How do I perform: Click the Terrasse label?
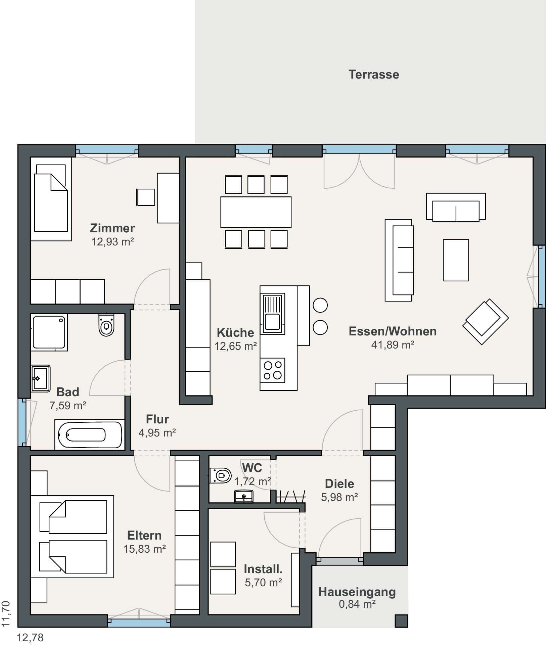(374, 74)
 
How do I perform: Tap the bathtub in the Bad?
(90, 435)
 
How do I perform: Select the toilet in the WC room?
(221, 475)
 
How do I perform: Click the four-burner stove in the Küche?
(272, 370)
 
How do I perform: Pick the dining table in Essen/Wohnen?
(256, 212)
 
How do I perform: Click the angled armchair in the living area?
(486, 321)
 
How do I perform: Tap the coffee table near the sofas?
(456, 260)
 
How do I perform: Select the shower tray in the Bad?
(49, 332)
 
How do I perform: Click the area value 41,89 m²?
(393, 345)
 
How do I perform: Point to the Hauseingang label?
(357, 592)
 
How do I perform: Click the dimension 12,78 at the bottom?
(30, 638)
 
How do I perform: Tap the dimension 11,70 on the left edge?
(6, 613)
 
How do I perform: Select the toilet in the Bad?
(106, 325)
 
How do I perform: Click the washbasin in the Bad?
(41, 378)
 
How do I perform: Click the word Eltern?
(144, 535)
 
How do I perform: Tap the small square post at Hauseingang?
(401, 621)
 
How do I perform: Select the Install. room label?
(263, 569)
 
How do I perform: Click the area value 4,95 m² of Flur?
(157, 432)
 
